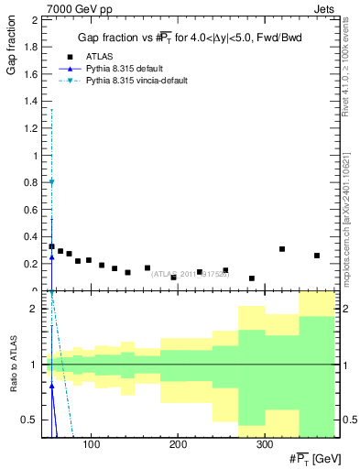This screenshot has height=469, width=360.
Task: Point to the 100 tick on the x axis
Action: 91,443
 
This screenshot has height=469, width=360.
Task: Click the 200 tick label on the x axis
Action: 178,443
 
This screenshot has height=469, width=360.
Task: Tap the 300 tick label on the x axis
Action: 264,443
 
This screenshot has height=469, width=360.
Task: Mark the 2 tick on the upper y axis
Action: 34,19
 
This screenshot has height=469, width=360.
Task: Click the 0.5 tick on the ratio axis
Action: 30,420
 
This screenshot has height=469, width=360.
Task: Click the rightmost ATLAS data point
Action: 317,256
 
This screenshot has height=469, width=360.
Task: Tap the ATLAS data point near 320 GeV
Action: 282,249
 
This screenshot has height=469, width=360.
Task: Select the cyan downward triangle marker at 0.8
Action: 51,181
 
